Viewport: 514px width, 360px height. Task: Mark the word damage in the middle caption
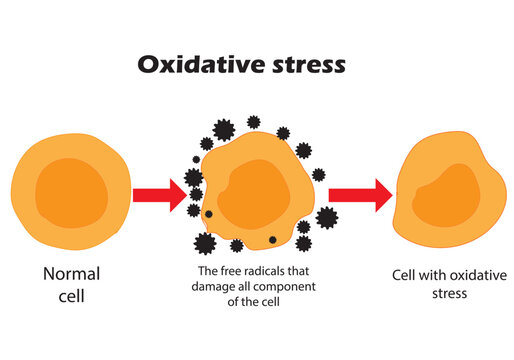pyautogui.click(x=213, y=286)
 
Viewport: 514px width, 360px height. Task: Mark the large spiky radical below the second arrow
pyautogui.click(x=326, y=217)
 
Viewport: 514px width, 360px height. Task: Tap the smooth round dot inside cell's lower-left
pyautogui.click(x=208, y=215)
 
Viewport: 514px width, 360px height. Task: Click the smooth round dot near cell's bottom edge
pyautogui.click(x=273, y=240)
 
